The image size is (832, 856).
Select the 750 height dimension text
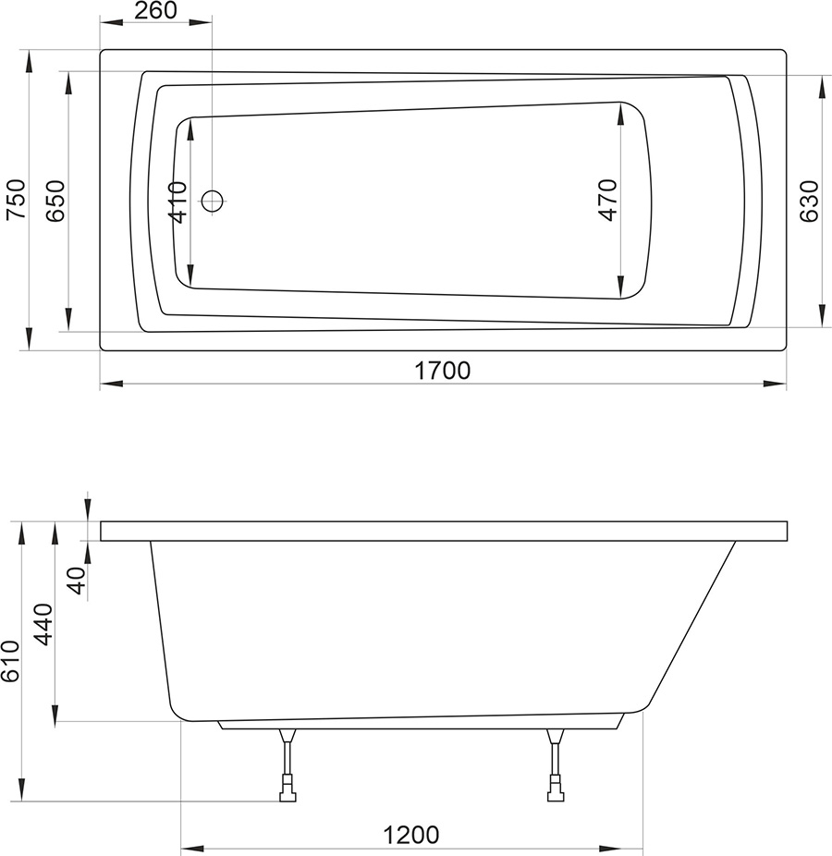(x=17, y=200)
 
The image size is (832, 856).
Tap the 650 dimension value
(x=55, y=200)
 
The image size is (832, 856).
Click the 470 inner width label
(x=607, y=200)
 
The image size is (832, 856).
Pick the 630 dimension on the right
(x=808, y=201)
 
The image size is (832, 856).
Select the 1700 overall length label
(x=443, y=371)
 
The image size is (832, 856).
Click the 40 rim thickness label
(x=77, y=581)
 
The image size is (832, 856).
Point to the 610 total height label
(x=9, y=662)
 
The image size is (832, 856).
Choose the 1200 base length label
(x=410, y=835)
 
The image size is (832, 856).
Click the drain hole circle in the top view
(x=213, y=200)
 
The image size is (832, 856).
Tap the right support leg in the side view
(x=555, y=758)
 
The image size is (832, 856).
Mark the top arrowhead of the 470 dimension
(x=620, y=109)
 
